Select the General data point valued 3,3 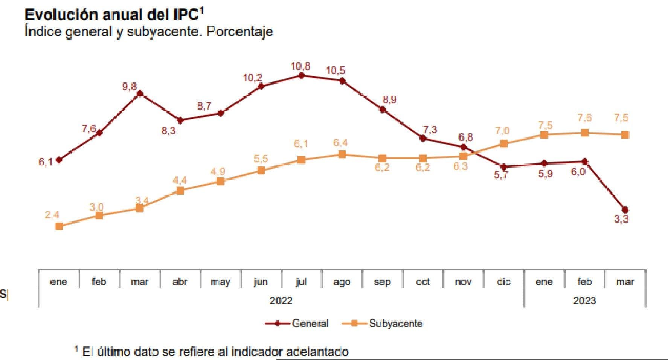point(625,209)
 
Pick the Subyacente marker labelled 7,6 point(584,133)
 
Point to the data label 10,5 point(335,70)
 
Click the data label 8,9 point(389,99)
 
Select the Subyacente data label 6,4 point(340,143)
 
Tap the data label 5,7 point(501,175)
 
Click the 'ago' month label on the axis point(342,282)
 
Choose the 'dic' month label point(503,282)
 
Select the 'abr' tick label point(180,282)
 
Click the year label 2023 point(584,301)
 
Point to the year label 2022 point(281,301)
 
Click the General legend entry point(310,323)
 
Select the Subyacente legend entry point(396,323)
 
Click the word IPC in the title point(185,15)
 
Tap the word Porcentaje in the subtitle point(240,31)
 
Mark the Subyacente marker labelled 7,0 point(503,143)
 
